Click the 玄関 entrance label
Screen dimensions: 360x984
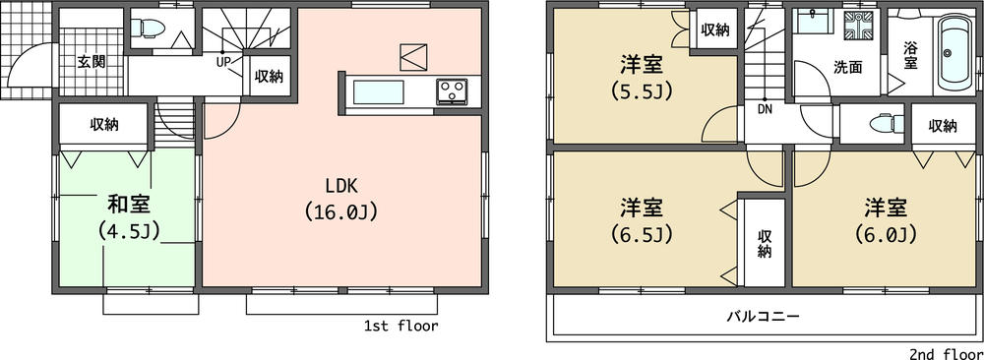click(x=92, y=61)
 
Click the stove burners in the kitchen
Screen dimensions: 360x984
click(x=454, y=92)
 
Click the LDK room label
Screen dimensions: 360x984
click(x=341, y=186)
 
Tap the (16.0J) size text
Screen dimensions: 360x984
click(x=341, y=210)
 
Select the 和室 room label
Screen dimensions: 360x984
click(x=129, y=205)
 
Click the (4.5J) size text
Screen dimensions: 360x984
click(x=129, y=230)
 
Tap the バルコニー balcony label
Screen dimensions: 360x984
click(x=764, y=317)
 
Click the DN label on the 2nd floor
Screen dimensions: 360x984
click(x=765, y=109)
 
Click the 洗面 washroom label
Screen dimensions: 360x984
click(x=847, y=68)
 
